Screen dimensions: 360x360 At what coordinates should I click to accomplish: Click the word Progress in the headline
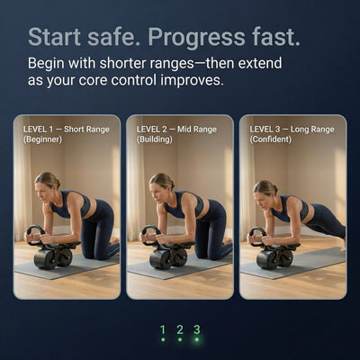(196, 38)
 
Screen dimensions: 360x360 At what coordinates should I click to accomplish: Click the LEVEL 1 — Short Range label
(67, 130)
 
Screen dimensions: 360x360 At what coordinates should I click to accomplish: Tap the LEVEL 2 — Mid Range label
(176, 130)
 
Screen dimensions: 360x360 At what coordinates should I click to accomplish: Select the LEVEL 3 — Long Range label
(292, 130)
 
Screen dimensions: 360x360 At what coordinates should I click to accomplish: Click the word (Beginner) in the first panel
(42, 139)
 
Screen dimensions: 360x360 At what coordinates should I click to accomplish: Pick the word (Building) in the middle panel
(155, 139)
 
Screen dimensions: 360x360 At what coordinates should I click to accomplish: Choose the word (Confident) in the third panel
(271, 139)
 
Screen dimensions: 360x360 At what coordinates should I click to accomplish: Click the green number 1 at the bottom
(163, 329)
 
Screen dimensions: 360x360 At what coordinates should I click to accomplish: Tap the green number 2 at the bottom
(180, 329)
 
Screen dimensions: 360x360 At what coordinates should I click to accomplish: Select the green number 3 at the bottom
(197, 329)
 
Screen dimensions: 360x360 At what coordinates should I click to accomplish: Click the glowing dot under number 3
(197, 339)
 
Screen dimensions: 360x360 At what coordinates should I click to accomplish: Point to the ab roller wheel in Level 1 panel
(52, 258)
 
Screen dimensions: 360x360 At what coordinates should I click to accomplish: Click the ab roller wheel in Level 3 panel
(275, 258)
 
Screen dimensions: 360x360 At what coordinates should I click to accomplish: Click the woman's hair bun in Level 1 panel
(58, 182)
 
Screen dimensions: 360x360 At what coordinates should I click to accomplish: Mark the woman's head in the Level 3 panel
(265, 191)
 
